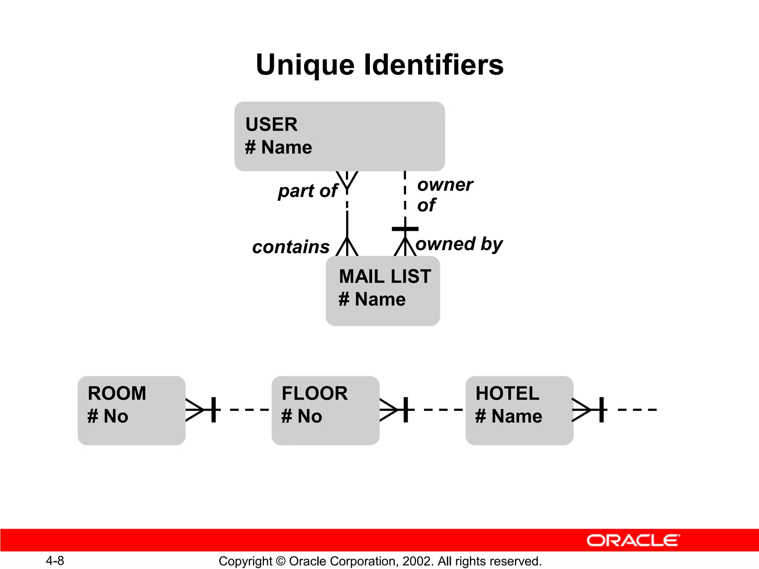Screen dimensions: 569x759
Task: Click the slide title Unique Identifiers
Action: click(379, 65)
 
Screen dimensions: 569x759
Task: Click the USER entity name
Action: click(271, 124)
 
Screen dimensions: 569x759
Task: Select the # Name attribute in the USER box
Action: click(279, 147)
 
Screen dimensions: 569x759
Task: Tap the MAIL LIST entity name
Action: click(385, 277)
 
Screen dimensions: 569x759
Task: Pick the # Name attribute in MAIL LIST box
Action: click(372, 299)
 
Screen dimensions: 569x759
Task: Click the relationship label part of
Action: click(308, 191)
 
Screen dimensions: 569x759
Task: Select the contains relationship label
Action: click(291, 247)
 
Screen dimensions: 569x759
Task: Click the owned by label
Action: click(459, 244)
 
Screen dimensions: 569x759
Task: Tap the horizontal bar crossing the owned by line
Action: click(405, 229)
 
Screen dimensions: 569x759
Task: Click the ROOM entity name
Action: click(117, 393)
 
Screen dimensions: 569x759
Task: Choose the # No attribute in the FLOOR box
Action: click(302, 416)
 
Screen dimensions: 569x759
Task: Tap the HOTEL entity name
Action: click(507, 393)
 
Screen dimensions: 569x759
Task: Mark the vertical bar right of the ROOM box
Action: click(213, 410)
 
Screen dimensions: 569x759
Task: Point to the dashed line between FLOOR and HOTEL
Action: click(443, 410)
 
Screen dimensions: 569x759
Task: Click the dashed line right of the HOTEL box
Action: click(637, 410)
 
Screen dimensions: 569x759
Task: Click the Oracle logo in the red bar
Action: click(633, 540)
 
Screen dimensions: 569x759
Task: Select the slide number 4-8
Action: click(55, 561)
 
